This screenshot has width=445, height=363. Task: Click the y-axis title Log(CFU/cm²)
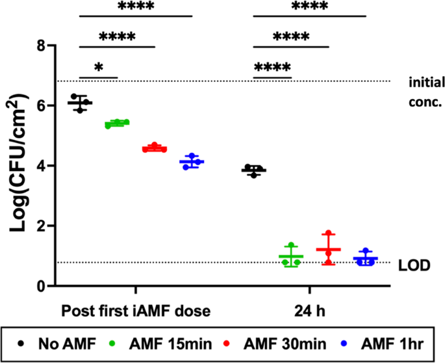click(18, 165)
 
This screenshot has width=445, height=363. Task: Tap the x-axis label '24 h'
click(309, 311)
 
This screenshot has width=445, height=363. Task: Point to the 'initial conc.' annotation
click(426, 92)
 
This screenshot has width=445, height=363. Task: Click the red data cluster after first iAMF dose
click(155, 148)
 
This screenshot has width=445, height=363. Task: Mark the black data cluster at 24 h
click(253, 170)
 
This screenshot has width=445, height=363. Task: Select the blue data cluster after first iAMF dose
click(192, 161)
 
